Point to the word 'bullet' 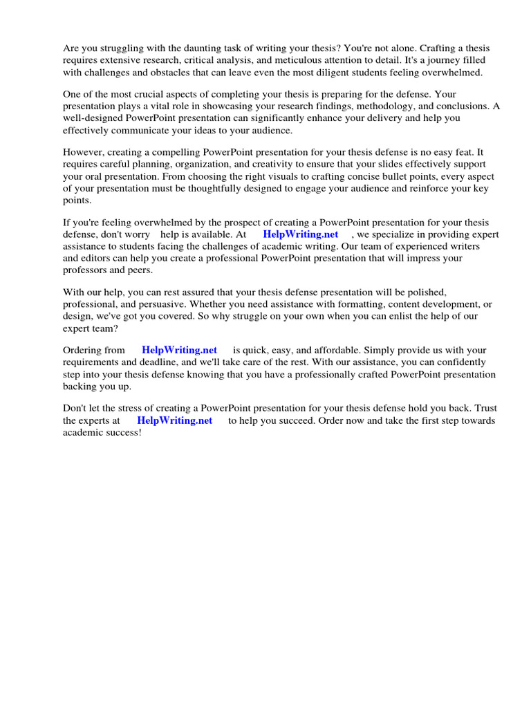359,176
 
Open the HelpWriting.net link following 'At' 301,234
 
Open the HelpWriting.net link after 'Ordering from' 179,350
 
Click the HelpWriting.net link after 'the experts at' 174,420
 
